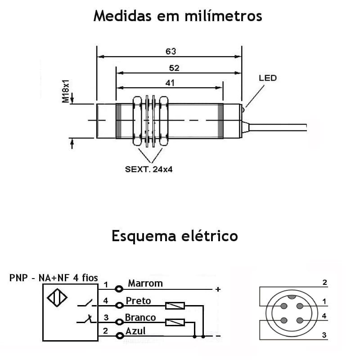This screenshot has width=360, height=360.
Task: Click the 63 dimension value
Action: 170,51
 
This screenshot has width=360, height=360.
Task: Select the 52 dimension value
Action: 174,68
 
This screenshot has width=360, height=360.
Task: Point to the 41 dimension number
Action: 170,83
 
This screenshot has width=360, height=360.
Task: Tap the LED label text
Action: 268,78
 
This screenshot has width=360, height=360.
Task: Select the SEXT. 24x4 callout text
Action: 149,170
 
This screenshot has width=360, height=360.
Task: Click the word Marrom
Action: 145,283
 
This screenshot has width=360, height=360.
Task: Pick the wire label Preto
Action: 138,300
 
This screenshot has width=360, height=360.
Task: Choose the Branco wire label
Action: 140,317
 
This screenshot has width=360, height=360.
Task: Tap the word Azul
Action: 135,331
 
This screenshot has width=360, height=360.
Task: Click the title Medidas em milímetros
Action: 177,16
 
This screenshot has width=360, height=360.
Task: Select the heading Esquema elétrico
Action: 175,235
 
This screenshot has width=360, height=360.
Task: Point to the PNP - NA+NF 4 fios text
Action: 54,278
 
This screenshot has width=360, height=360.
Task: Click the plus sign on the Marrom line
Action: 218,289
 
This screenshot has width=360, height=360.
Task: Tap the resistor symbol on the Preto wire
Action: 175,306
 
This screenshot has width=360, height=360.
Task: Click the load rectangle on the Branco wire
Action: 175,322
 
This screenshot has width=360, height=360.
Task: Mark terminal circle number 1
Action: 119,288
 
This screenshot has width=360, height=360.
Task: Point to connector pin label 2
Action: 324,283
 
